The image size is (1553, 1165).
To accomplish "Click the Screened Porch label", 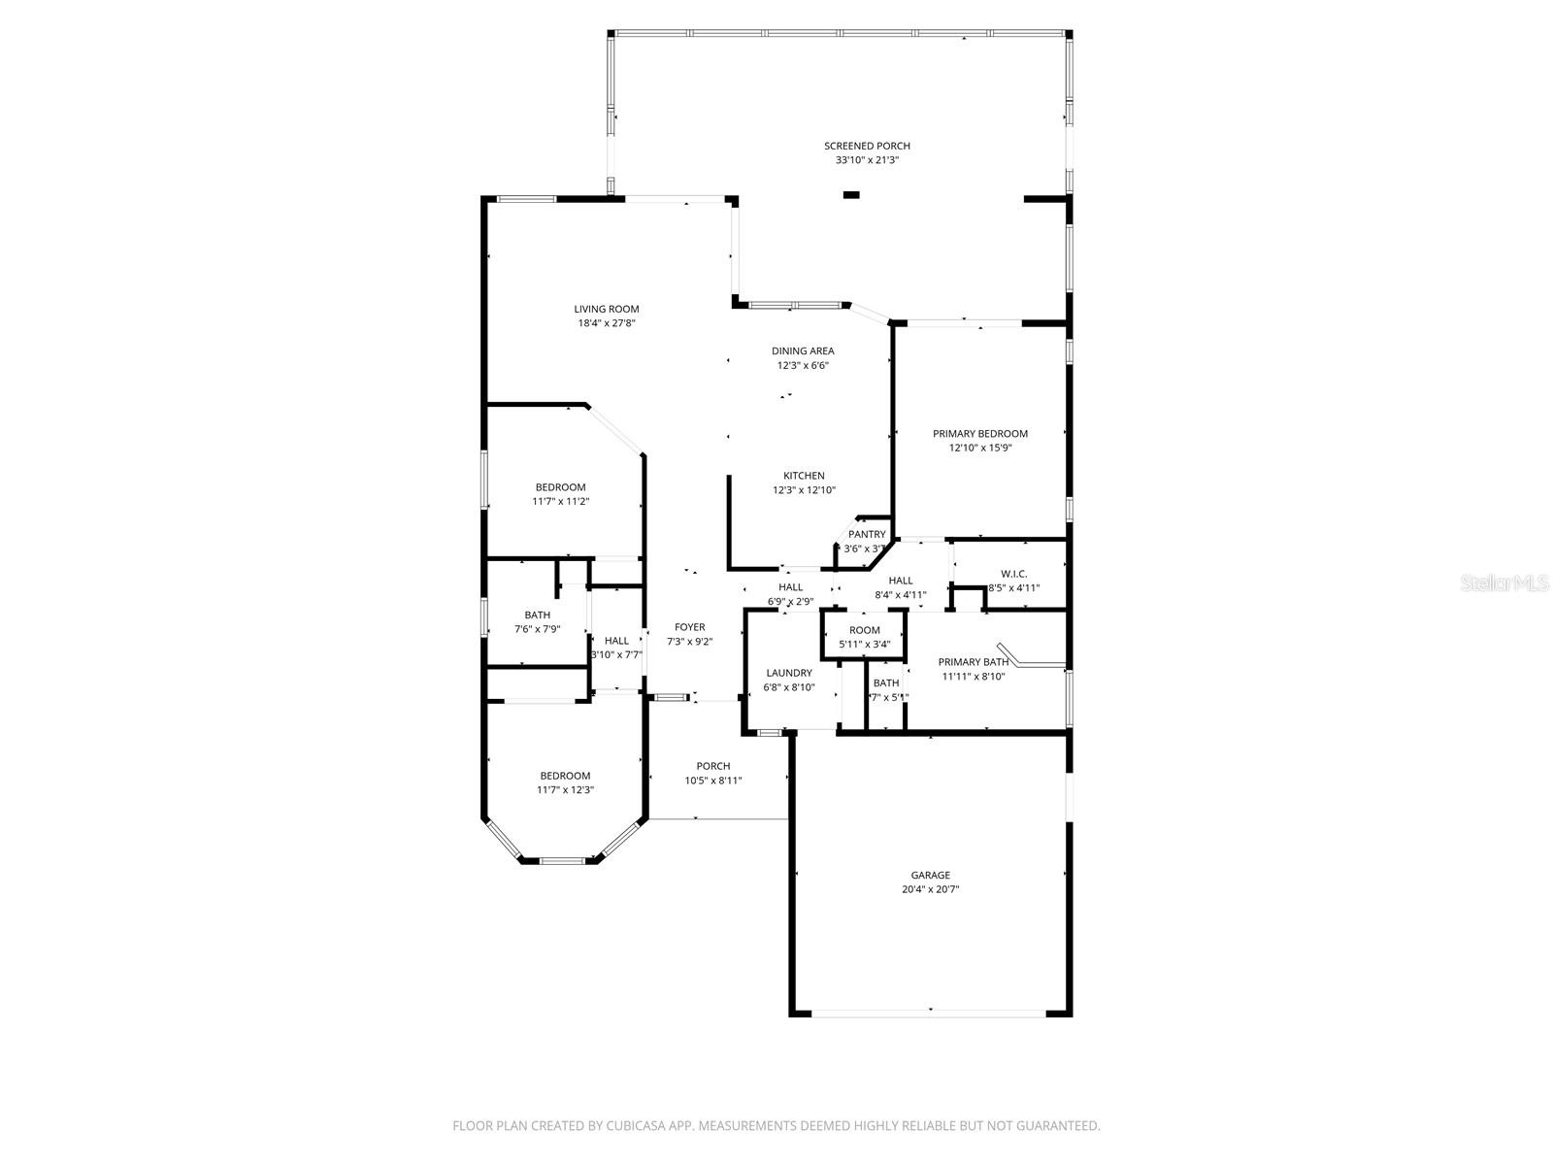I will point(867,146).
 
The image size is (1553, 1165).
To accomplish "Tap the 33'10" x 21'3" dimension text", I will point(867,160).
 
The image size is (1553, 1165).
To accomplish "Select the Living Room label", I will point(606,309).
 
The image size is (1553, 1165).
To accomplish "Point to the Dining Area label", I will point(803,351).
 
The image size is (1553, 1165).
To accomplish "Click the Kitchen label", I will point(804,476).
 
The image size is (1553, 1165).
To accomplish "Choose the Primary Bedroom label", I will point(980,434).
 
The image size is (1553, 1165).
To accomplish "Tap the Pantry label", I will point(867,534).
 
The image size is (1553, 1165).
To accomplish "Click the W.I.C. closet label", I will point(1013,574).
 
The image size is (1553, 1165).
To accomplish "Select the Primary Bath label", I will point(973,662).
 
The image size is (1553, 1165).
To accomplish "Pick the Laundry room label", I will point(788,673).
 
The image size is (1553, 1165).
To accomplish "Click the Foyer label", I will point(690,627).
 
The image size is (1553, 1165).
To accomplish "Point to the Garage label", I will point(930,875).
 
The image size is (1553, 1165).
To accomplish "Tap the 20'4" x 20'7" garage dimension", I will point(930,889).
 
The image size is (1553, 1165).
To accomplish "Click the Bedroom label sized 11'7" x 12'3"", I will point(565,776).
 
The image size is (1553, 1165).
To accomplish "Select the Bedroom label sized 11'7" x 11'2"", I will point(561,487).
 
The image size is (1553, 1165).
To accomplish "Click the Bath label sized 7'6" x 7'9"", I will point(537,615).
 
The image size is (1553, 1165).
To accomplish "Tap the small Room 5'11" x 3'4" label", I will point(864,630).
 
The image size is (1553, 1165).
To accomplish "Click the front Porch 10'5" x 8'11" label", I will point(713,766).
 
